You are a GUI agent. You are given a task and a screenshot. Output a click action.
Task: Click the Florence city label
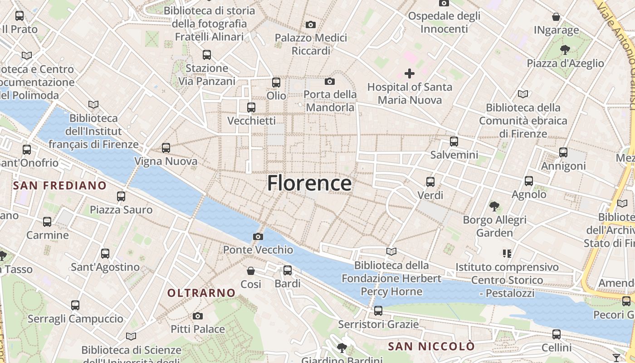coord(309,183)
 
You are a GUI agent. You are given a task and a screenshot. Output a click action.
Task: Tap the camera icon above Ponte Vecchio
coord(258,236)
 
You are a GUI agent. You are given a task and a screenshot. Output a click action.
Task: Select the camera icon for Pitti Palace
coord(197,316)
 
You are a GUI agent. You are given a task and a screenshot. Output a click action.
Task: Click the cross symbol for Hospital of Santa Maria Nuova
coord(409,73)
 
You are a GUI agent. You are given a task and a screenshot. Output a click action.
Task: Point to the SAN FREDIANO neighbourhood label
coord(59,185)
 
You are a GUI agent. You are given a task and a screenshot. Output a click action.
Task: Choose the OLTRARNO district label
coord(201,293)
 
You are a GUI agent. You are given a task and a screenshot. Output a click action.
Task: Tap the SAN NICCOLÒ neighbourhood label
coord(431,347)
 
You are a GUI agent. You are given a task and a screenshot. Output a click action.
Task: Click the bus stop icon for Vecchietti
coord(251,108)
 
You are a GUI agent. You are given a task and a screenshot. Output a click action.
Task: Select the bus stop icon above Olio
coord(276,83)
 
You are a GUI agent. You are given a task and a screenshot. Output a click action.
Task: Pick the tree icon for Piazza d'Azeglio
coord(565,49)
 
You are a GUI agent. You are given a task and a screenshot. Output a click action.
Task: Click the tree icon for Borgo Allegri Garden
coord(494,206)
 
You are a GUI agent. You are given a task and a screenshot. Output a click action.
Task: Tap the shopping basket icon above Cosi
coord(250,271)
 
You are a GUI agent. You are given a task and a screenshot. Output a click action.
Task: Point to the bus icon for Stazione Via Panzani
coord(207,55)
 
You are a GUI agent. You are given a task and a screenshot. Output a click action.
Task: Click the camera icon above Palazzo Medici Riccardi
coord(311,25)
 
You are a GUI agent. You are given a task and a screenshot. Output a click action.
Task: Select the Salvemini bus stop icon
coord(454,142)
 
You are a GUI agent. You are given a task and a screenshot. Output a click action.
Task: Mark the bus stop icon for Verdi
coord(430,182)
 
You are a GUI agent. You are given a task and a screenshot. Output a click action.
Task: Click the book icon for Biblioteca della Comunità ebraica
coord(523,94)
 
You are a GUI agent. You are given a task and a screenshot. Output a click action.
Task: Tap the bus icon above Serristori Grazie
coord(378,311)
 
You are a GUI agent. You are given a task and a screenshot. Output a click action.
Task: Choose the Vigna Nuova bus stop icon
coord(166,147)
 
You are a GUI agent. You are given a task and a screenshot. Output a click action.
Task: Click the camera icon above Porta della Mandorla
coord(330,81)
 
